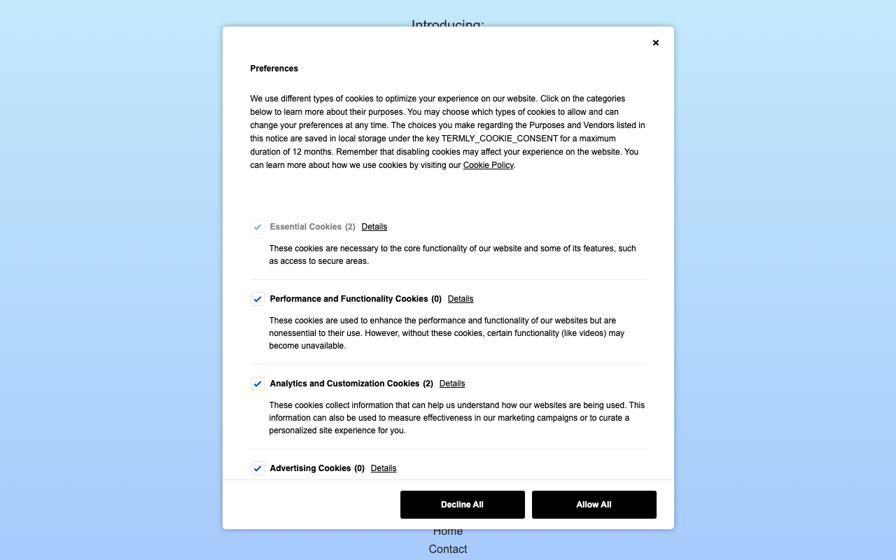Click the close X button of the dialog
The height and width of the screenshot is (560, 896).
tap(656, 43)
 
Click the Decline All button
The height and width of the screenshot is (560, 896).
tap(462, 505)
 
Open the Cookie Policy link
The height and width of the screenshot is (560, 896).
tap(488, 165)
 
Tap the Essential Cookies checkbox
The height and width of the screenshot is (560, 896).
tap(258, 227)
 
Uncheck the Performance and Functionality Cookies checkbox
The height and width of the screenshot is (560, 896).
tap(258, 299)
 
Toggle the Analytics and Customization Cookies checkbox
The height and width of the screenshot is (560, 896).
tap(258, 384)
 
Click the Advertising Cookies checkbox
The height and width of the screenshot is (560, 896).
tap(258, 468)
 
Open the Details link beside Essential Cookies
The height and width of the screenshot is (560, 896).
tap(374, 227)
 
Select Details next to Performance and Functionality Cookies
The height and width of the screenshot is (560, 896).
tap(461, 299)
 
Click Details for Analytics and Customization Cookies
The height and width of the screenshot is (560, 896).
tap(452, 384)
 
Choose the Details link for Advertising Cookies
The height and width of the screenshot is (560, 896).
tap(384, 468)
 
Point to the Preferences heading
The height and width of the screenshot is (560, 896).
tap(274, 69)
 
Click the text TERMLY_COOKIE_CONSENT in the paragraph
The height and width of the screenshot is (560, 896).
tap(500, 139)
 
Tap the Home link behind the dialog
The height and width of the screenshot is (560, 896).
tap(448, 532)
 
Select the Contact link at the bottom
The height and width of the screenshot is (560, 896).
tap(448, 549)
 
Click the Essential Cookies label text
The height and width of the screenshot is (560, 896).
tap(305, 227)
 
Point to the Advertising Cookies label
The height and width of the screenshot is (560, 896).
tap(310, 468)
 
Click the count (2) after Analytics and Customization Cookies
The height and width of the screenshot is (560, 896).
tap(428, 384)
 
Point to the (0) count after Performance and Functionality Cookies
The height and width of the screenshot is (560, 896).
tap(436, 299)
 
